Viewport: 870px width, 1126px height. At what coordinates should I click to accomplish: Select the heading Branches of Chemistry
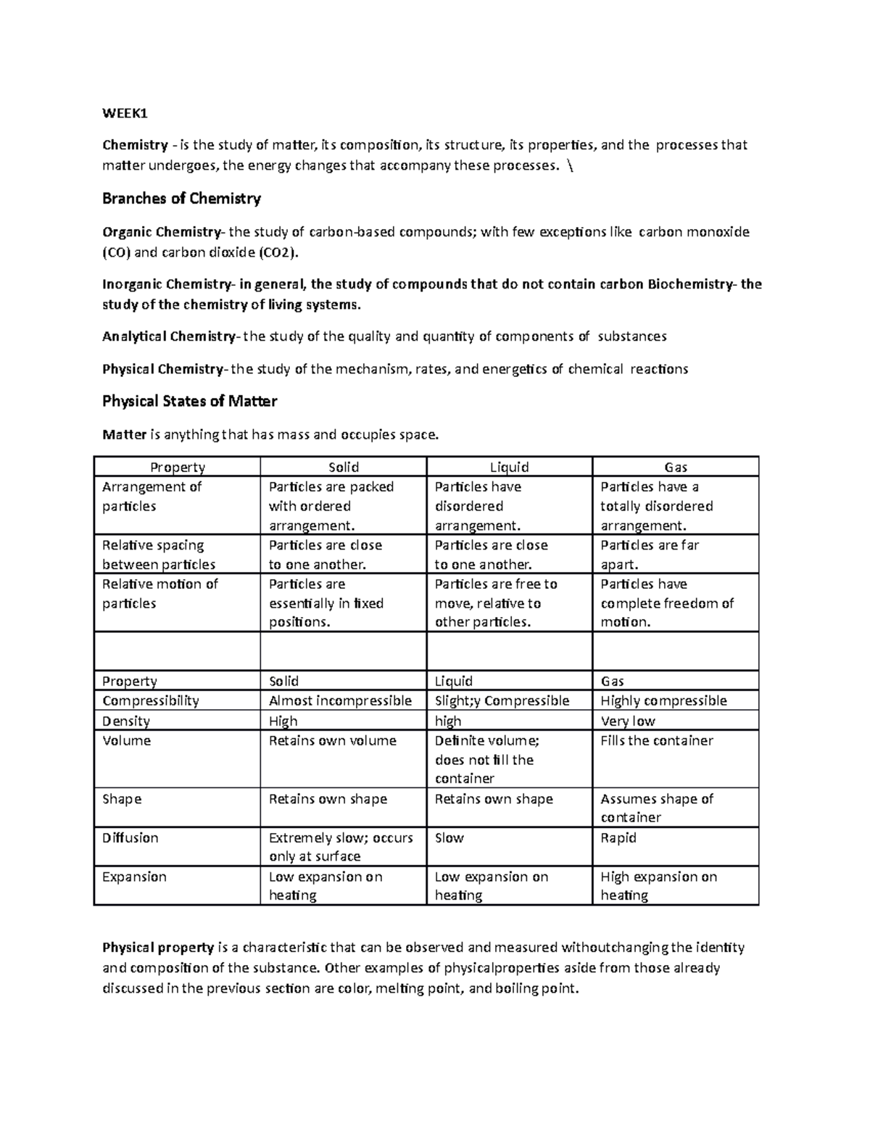(181, 199)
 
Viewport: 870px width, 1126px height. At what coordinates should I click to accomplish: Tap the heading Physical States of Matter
(189, 401)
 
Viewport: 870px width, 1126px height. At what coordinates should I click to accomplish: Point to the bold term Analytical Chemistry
(168, 336)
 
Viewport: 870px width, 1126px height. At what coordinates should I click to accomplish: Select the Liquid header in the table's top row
(509, 468)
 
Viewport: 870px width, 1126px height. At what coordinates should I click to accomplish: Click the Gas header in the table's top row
(675, 468)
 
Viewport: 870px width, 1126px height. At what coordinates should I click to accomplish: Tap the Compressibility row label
(150, 700)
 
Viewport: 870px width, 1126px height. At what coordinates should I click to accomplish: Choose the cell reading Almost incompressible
(340, 700)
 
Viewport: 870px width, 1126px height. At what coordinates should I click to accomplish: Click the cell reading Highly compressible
(663, 700)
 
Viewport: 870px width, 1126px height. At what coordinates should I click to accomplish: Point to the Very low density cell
(628, 721)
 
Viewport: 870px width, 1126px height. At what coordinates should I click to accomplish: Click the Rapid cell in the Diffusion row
(618, 837)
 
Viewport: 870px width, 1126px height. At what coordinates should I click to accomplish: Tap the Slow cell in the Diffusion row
(449, 837)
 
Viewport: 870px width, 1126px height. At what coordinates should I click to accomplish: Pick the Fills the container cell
(657, 740)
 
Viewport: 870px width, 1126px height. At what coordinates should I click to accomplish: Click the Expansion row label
(134, 877)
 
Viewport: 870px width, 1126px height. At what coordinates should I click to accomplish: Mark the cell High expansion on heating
(658, 886)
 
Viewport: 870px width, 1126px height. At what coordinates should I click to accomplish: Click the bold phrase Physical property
(157, 947)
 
